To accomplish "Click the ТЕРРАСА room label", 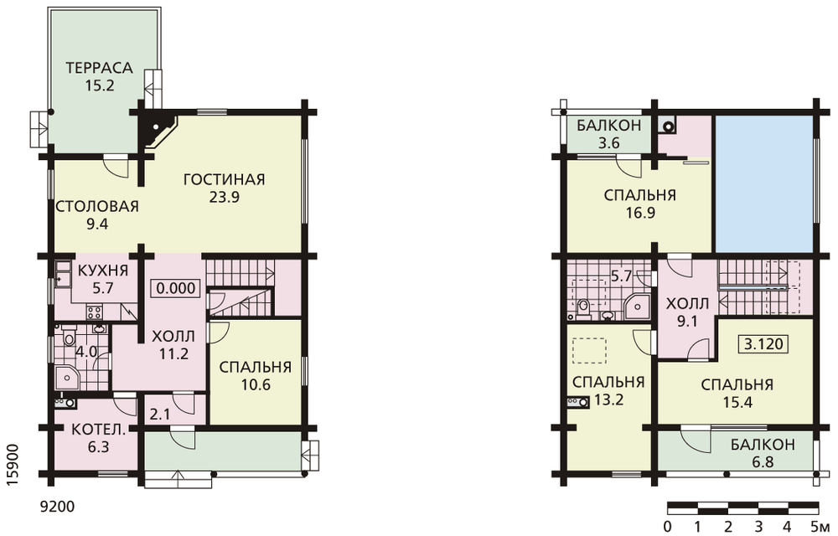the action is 99,68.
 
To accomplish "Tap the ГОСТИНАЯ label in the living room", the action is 224,179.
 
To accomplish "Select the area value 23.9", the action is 225,197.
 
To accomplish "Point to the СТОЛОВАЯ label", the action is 96,206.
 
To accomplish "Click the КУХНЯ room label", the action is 103,271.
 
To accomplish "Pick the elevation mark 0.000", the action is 177,288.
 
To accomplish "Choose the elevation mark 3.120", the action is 763,344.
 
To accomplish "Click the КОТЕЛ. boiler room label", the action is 98,429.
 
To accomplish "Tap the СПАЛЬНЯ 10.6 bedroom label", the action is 256,375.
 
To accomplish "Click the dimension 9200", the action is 58,506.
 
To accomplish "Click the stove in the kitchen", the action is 95,311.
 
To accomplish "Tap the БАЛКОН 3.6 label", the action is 608,134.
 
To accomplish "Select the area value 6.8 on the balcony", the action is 763,461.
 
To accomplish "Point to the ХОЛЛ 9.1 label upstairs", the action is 687,312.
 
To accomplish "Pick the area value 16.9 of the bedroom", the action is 640,213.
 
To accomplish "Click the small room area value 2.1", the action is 160,415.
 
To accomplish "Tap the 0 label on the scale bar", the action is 668,527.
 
